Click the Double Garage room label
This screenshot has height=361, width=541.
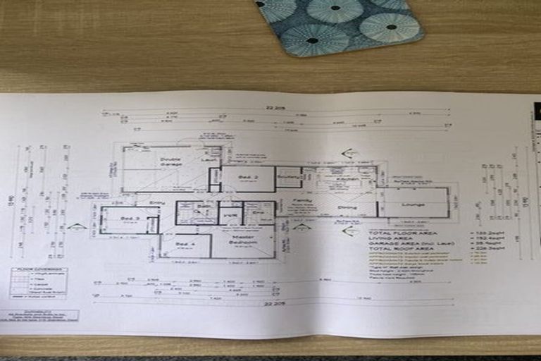point(171,163)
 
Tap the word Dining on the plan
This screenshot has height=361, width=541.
point(347,207)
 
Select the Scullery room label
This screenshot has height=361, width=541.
point(290,175)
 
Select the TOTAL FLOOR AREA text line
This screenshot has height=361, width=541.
point(403,233)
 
